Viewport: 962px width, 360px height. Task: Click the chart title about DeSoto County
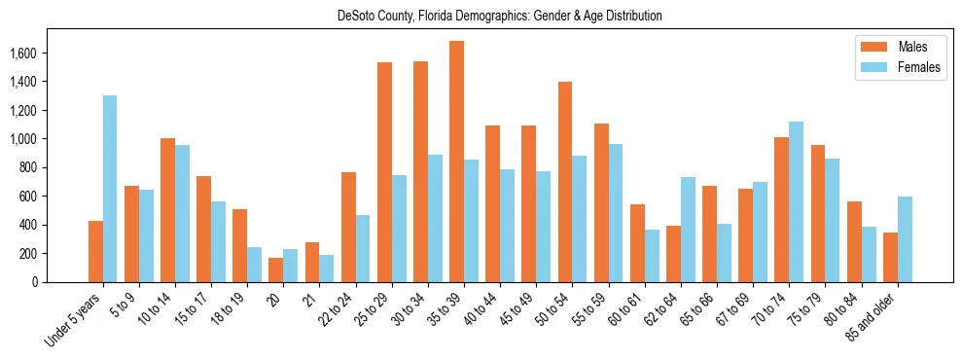[499, 17]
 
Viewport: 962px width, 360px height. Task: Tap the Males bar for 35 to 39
[456, 162]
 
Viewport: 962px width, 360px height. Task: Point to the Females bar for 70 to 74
[797, 201]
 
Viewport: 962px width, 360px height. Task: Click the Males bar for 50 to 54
[565, 182]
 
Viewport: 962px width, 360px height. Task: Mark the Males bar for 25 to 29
[384, 172]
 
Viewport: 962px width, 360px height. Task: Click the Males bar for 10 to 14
[167, 210]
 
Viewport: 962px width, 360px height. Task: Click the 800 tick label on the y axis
[43, 167]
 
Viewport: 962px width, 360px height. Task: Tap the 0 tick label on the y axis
[48, 282]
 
